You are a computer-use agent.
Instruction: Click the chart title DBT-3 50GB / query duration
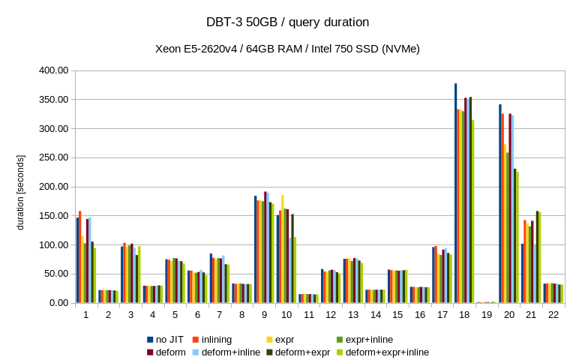point(287,22)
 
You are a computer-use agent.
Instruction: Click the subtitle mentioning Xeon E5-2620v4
point(287,49)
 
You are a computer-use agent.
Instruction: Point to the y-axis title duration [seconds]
point(20,192)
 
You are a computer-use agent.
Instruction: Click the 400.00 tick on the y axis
point(53,70)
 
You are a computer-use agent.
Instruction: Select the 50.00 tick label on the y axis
point(55,274)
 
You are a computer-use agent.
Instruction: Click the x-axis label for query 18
point(464,314)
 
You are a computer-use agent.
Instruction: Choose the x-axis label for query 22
point(553,314)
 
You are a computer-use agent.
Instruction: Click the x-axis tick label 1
point(86,314)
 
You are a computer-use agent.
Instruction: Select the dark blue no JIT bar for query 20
point(500,204)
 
